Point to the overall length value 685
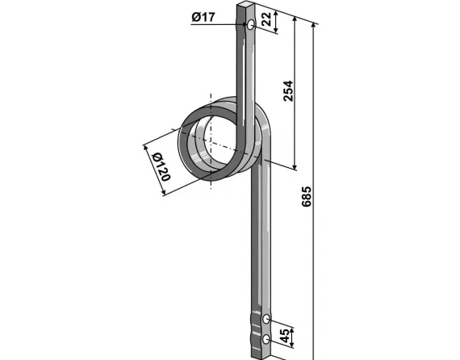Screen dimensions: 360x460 coord(306,199)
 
